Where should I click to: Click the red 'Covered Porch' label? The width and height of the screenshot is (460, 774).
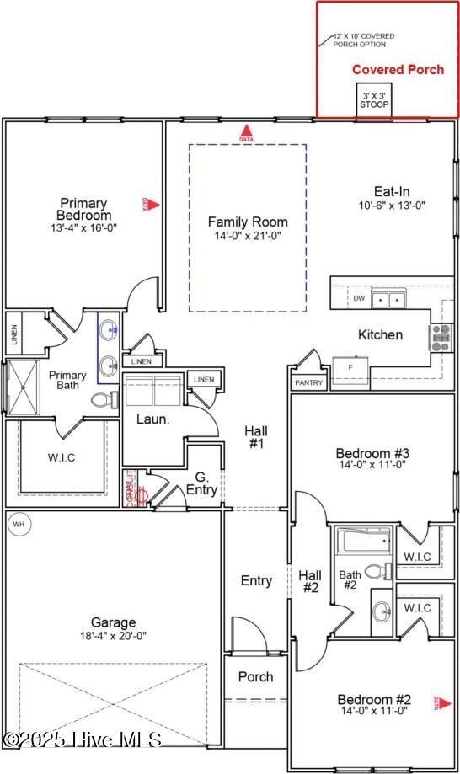point(398,70)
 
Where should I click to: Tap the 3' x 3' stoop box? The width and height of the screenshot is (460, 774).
point(374,101)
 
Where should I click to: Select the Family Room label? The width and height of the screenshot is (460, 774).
point(248,222)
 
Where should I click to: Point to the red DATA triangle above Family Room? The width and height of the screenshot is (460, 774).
point(247,132)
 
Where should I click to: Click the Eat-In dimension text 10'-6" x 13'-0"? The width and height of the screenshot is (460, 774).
point(392,205)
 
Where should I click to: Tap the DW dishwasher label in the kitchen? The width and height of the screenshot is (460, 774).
point(359,298)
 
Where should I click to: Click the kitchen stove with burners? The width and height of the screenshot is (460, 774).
point(441,337)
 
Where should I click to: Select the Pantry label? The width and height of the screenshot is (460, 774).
point(308,382)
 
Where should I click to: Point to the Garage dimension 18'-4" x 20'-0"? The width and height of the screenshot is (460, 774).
point(113,637)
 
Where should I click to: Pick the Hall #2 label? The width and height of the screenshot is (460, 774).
point(310,582)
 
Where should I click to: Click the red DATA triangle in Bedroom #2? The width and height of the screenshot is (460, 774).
point(437,703)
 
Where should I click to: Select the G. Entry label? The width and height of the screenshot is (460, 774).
point(202,483)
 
